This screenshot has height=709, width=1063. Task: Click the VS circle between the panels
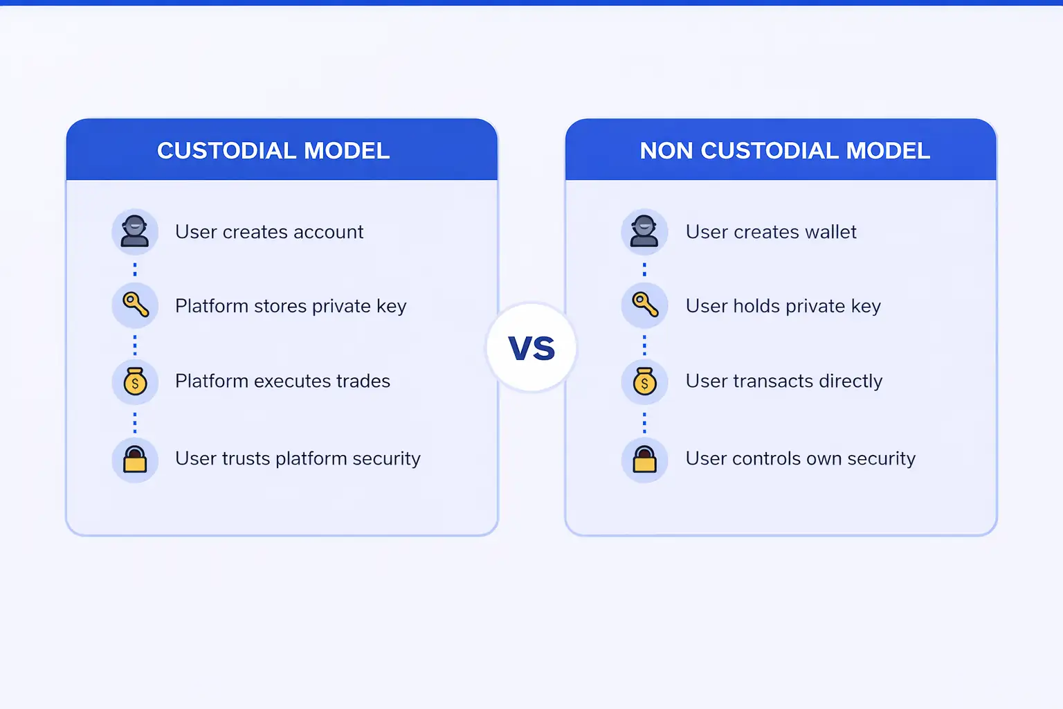pyautogui.click(x=531, y=348)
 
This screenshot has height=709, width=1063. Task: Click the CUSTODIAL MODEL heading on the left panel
pyautogui.click(x=273, y=151)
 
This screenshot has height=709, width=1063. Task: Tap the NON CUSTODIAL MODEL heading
pyautogui.click(x=784, y=151)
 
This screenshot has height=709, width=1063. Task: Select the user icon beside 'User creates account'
pyautogui.click(x=135, y=232)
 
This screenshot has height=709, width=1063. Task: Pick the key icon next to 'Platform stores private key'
pyautogui.click(x=135, y=305)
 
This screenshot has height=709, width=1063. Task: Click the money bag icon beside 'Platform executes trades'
pyautogui.click(x=135, y=382)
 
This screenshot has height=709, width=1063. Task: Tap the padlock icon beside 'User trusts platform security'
pyautogui.click(x=135, y=459)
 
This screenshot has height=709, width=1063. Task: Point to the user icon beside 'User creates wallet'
pyautogui.click(x=644, y=232)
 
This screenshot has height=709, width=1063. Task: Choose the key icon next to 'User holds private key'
pyautogui.click(x=644, y=305)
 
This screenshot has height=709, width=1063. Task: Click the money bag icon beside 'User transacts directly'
pyautogui.click(x=644, y=382)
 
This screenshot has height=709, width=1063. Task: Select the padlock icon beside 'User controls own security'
pyautogui.click(x=644, y=459)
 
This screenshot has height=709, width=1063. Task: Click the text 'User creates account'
pyautogui.click(x=269, y=232)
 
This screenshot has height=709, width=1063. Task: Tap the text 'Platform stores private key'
pyautogui.click(x=291, y=306)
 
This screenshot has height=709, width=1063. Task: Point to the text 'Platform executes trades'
pyautogui.click(x=282, y=381)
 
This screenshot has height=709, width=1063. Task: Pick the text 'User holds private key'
pyautogui.click(x=783, y=306)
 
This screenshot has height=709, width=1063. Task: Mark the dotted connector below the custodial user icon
pyautogui.click(x=135, y=269)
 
